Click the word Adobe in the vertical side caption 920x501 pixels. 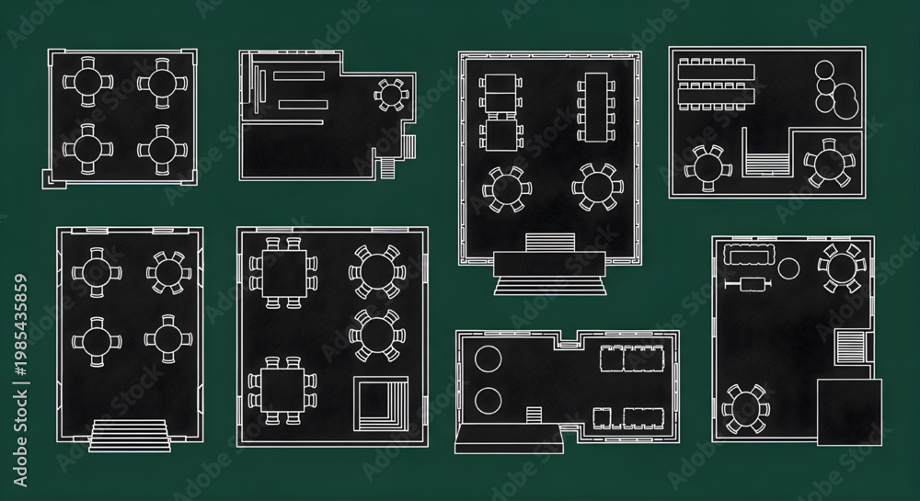tap(20, 466)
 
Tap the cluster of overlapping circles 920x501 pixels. tap(835, 90)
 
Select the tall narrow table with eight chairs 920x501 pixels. tap(595, 108)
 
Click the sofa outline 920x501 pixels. tap(749, 255)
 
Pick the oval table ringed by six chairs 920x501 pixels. tap(745, 408)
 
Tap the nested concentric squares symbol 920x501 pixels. tap(381, 404)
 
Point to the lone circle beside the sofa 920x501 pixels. tap(788, 268)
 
